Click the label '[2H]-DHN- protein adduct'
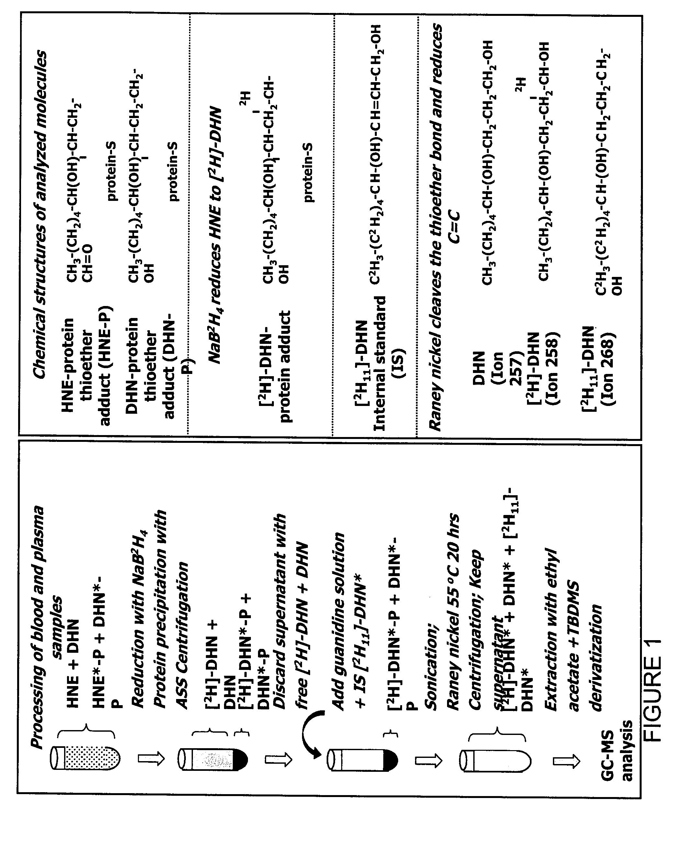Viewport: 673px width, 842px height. click(275, 367)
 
